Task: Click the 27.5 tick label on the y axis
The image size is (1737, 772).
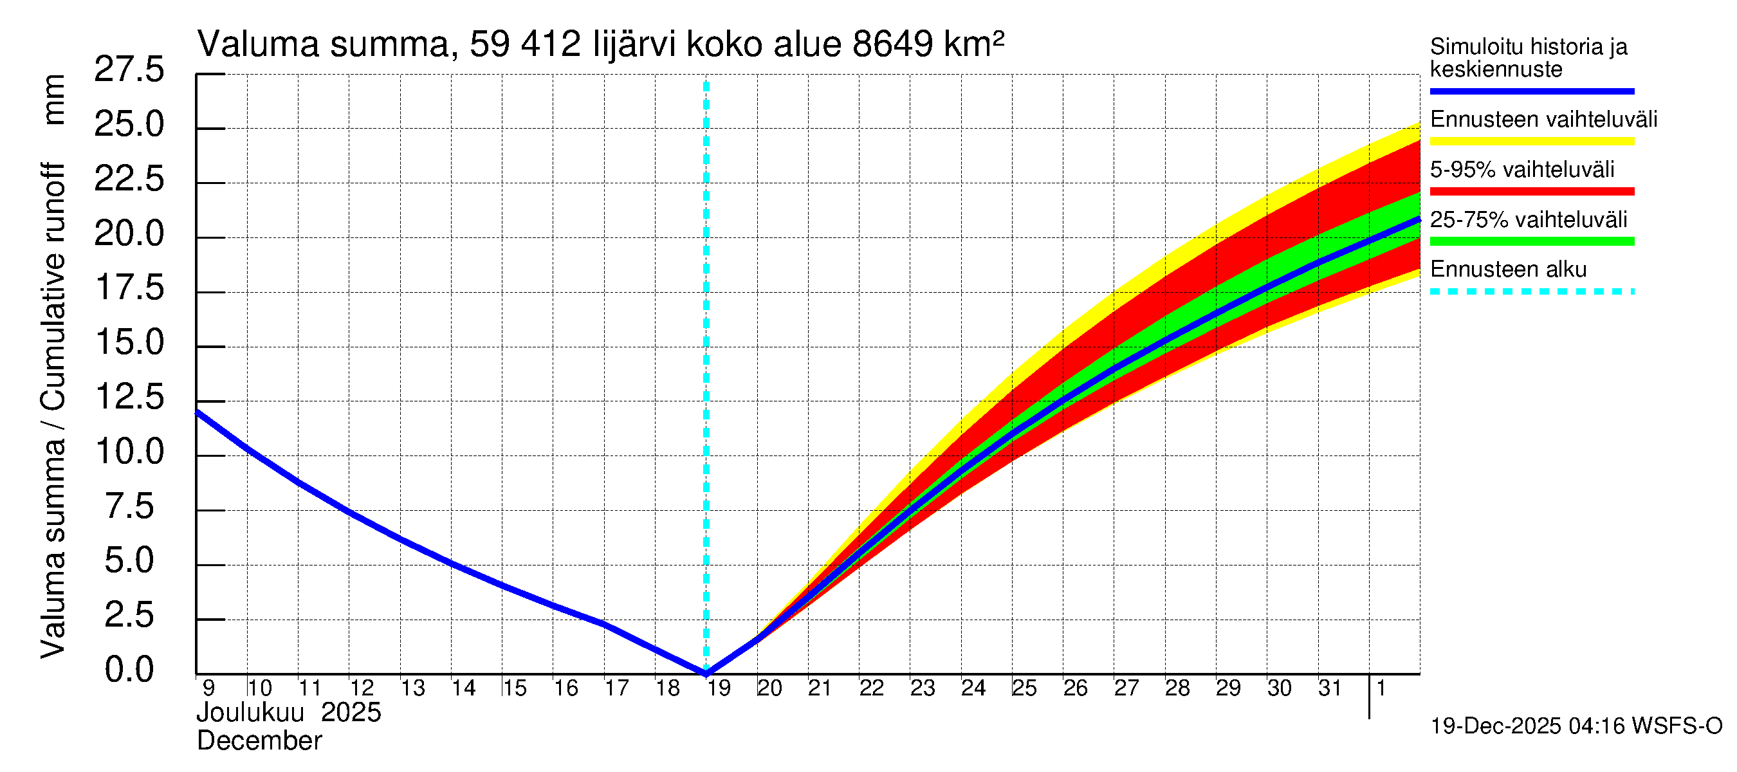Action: click(x=129, y=69)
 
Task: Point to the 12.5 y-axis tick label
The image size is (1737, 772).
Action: click(x=129, y=396)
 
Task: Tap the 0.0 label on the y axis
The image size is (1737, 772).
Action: click(x=129, y=670)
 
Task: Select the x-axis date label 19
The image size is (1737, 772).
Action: click(x=719, y=688)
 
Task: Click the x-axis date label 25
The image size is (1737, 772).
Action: click(x=1024, y=688)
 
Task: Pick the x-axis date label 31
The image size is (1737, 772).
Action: click(x=1330, y=688)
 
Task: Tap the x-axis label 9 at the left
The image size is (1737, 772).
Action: click(x=208, y=688)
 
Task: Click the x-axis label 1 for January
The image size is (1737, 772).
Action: click(x=1381, y=688)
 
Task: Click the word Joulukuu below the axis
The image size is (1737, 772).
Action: click(x=250, y=713)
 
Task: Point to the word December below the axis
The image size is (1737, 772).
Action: click(x=259, y=741)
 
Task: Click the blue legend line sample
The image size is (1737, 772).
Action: click(x=1531, y=91)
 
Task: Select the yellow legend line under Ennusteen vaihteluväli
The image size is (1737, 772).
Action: click(x=1531, y=141)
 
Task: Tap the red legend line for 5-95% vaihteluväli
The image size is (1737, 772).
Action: click(x=1531, y=192)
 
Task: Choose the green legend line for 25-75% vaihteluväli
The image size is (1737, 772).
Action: click(x=1531, y=241)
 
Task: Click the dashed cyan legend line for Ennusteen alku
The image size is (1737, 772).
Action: click(x=1531, y=291)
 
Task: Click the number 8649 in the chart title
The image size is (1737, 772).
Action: click(x=892, y=44)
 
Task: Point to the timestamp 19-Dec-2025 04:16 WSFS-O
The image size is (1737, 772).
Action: click(x=1576, y=726)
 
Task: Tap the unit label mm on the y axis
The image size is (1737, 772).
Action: click(x=54, y=100)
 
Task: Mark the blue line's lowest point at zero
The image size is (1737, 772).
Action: click(x=706, y=672)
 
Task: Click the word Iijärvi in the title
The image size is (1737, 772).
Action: click(x=634, y=44)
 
